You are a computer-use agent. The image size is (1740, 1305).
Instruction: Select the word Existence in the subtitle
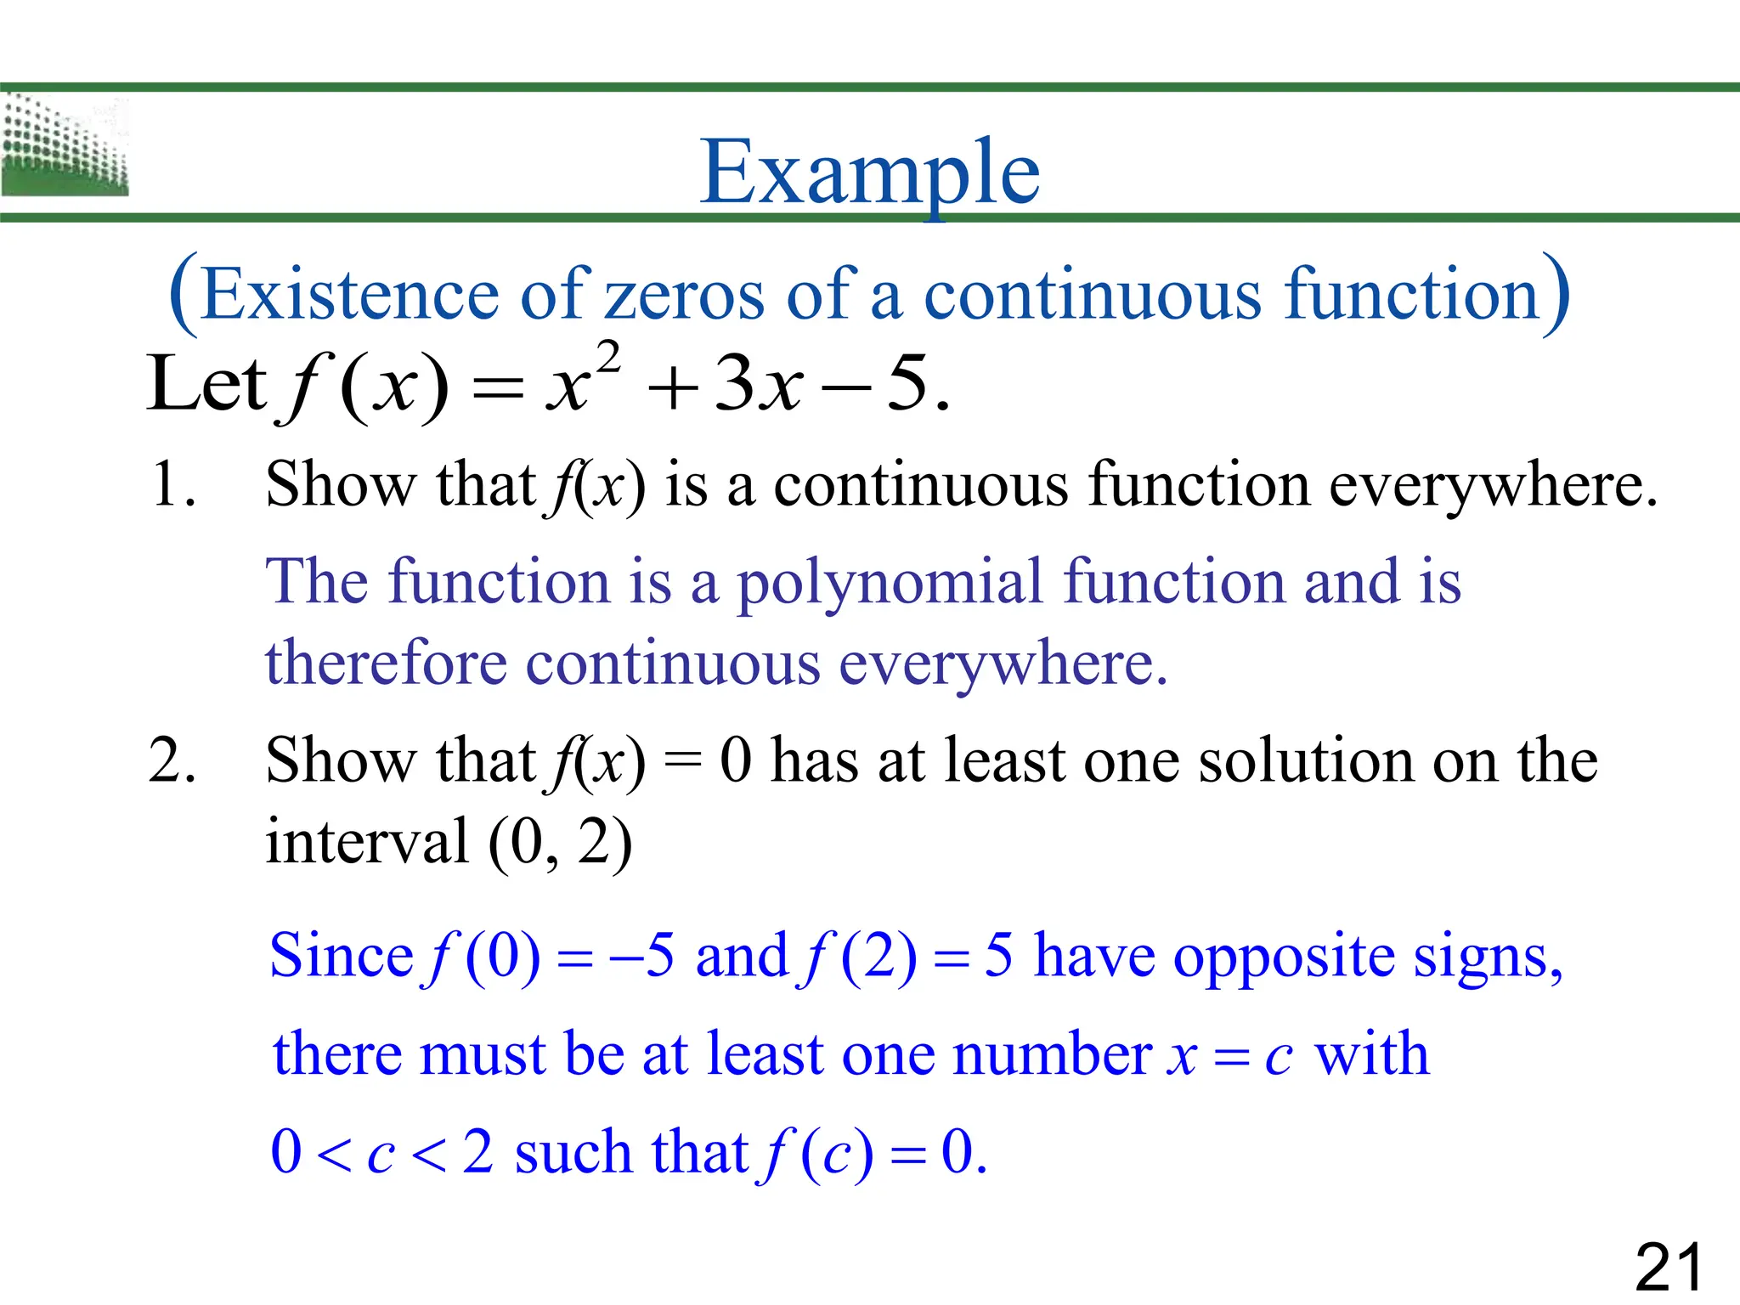point(350,294)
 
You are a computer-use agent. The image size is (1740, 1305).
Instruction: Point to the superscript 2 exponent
point(607,356)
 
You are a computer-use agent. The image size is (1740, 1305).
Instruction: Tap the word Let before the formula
point(206,384)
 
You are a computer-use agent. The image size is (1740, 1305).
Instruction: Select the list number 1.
point(172,484)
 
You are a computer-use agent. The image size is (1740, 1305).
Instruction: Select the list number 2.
point(172,760)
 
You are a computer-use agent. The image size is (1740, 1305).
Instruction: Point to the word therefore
point(386,664)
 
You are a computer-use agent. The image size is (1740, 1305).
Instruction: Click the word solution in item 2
point(1308,760)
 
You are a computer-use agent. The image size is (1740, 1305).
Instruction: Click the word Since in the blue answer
point(341,955)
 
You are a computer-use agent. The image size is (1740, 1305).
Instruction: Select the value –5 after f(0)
point(641,955)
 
